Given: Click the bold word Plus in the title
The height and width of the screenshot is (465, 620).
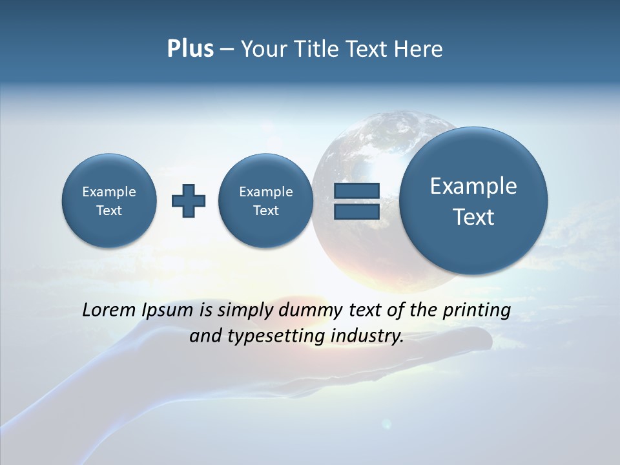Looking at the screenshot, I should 190,49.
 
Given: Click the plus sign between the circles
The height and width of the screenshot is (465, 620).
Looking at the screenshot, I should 189,200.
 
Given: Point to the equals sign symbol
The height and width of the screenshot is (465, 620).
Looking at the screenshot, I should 356,201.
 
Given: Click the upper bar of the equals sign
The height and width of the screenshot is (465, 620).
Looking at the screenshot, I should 356,191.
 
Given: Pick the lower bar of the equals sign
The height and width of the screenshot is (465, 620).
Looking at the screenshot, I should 356,211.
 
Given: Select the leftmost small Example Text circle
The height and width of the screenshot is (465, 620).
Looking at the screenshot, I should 109,201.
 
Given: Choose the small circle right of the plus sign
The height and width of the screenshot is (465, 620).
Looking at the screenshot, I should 265,201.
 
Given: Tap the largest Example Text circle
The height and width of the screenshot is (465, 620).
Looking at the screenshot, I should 473,201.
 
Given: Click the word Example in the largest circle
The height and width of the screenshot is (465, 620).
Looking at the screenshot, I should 473,186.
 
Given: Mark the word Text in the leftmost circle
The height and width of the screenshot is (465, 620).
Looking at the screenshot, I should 109,211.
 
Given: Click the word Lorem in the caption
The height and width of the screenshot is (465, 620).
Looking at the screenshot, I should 108,310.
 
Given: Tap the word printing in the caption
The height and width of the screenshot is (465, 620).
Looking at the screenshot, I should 476,311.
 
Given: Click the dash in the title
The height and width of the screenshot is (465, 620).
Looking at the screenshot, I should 227,50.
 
